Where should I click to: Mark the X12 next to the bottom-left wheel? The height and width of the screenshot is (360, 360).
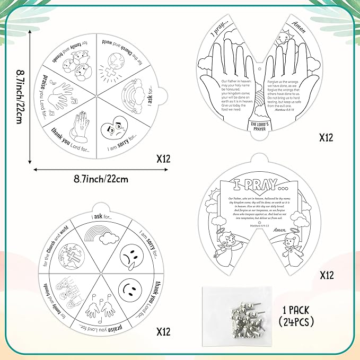[163, 332]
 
